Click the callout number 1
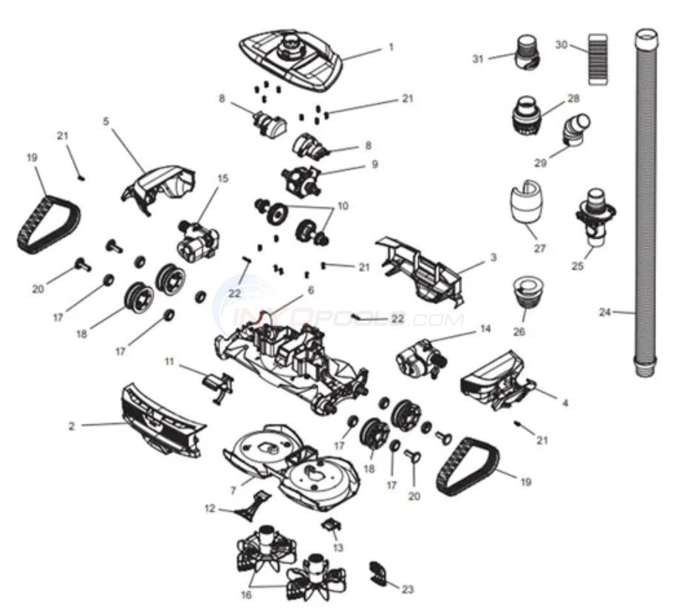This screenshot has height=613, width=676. [392, 46]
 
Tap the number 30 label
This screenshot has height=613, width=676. [561, 45]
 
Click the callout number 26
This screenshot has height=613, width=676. [518, 331]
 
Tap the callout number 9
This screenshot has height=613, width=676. [375, 164]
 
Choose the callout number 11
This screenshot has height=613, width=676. [169, 361]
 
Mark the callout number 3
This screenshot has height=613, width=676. [493, 257]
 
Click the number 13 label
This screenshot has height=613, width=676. [338, 547]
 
